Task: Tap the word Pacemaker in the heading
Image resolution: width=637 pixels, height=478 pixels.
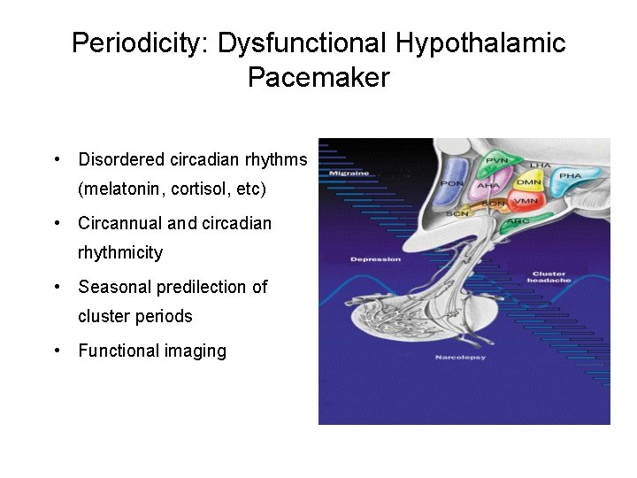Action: click(x=318, y=78)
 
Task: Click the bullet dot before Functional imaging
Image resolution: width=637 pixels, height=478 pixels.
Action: click(x=56, y=351)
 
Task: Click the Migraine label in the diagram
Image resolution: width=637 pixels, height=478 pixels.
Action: click(x=349, y=173)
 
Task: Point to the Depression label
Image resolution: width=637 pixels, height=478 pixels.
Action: click(x=375, y=259)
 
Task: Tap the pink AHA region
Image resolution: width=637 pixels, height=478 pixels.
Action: click(x=488, y=186)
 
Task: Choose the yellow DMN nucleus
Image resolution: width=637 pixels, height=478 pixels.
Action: click(x=529, y=182)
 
